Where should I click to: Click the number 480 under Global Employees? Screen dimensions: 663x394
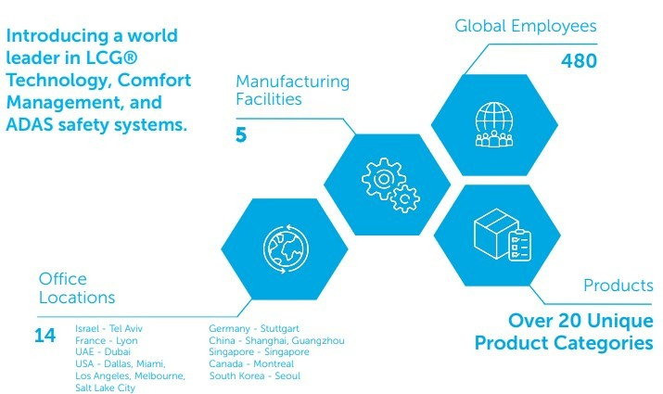tap(579, 61)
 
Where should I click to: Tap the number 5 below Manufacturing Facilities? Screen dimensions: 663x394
tap(241, 134)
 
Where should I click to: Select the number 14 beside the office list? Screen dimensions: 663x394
tap(45, 336)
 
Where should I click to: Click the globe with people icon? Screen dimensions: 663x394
tap(494, 125)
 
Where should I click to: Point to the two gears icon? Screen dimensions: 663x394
tap(390, 185)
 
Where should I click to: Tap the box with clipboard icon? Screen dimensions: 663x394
tap(503, 235)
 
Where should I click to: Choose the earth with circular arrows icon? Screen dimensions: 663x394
tap(286, 249)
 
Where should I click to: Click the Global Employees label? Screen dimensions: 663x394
tap(526, 26)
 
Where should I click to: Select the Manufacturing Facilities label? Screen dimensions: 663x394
tap(293, 90)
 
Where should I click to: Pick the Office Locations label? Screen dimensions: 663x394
tap(77, 288)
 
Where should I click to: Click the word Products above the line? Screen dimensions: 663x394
tap(618, 286)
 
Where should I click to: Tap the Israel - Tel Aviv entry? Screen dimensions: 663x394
tap(108, 328)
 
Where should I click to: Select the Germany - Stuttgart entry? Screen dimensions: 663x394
tap(254, 328)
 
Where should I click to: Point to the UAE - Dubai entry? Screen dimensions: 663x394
tap(103, 351)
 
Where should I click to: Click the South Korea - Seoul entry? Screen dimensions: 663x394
tap(255, 375)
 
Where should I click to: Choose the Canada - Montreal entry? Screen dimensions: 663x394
tap(251, 363)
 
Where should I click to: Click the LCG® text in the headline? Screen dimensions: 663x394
tap(111, 57)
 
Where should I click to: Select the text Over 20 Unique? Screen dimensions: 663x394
tap(580, 321)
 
